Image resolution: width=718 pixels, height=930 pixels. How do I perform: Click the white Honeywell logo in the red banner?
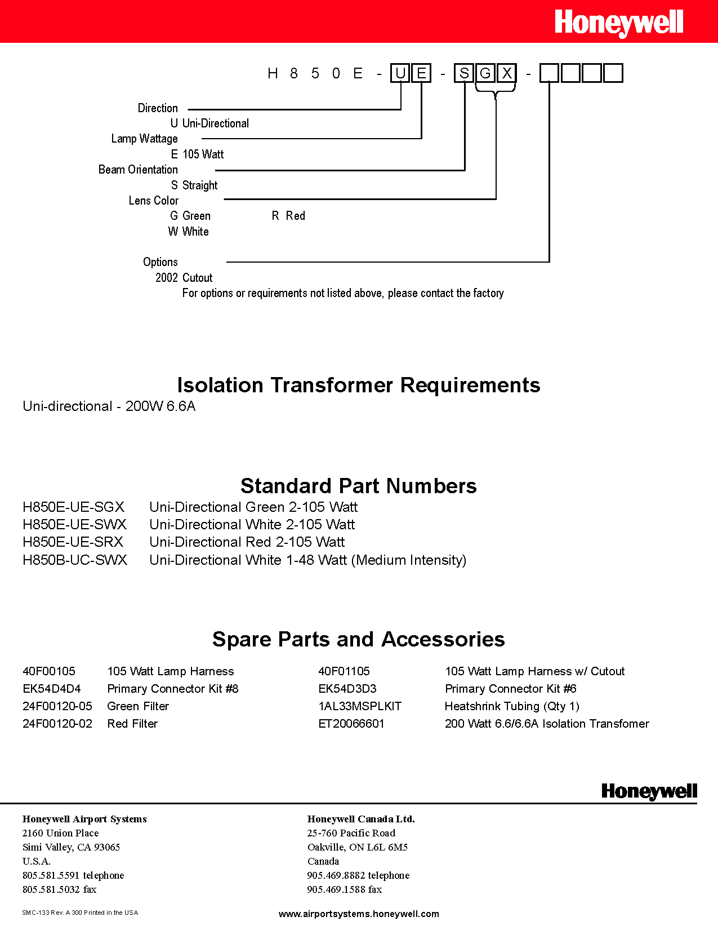(618, 23)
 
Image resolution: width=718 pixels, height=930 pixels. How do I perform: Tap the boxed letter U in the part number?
(400, 73)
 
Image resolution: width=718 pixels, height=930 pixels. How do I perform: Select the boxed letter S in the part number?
(464, 73)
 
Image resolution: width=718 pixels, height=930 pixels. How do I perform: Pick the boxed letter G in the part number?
(485, 73)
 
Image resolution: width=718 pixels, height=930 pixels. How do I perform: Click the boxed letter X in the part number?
(506, 73)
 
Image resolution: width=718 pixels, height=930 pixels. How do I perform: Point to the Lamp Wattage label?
(144, 139)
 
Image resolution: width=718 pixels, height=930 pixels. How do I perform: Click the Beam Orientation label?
(138, 170)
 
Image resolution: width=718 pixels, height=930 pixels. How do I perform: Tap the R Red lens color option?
(288, 216)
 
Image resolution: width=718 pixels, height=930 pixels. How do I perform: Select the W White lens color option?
(189, 232)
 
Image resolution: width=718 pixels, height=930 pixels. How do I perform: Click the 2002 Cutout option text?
(184, 278)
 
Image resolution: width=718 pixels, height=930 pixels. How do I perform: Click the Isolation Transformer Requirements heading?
(358, 385)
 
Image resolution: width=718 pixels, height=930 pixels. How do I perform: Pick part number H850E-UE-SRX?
(73, 542)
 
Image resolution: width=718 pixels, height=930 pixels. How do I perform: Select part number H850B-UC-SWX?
(75, 560)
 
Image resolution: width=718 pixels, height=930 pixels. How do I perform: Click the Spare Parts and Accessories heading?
(358, 639)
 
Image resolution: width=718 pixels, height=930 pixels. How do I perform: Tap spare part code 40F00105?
(49, 671)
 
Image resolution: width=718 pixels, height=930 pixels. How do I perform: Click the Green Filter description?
(138, 706)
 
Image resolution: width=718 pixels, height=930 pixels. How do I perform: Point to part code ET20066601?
(351, 724)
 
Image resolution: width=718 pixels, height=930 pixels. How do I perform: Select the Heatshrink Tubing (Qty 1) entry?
(512, 706)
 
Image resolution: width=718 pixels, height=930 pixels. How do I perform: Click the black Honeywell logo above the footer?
(649, 791)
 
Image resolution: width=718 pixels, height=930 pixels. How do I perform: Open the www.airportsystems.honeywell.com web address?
(359, 914)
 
